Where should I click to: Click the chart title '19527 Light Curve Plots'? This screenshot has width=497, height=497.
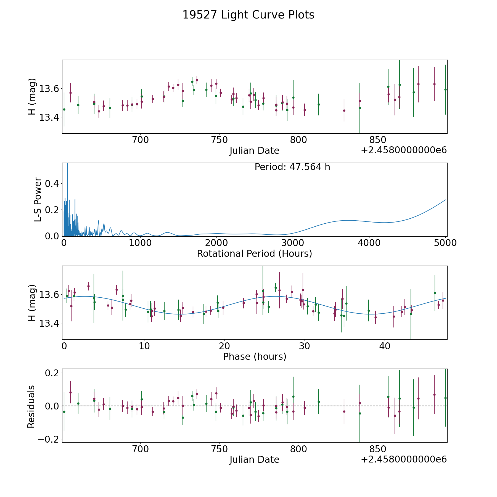click(248, 15)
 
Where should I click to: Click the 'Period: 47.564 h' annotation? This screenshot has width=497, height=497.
click(292, 167)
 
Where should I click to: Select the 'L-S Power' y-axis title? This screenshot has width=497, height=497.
click(38, 200)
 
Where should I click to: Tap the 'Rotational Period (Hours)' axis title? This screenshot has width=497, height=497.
click(255, 253)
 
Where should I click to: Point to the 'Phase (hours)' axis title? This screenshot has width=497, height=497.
click(255, 356)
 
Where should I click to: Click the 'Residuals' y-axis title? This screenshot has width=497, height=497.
click(31, 406)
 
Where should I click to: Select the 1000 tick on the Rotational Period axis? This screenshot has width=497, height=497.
click(140, 243)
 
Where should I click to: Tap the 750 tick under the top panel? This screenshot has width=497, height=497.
click(220, 140)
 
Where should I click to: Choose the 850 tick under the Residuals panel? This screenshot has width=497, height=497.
click(378, 449)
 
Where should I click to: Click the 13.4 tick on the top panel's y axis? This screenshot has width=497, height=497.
click(49, 118)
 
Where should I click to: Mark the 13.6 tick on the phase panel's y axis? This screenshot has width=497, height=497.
click(49, 295)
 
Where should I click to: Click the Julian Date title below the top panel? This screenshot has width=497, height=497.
click(254, 151)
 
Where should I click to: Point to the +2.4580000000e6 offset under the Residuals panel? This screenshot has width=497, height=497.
click(404, 459)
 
